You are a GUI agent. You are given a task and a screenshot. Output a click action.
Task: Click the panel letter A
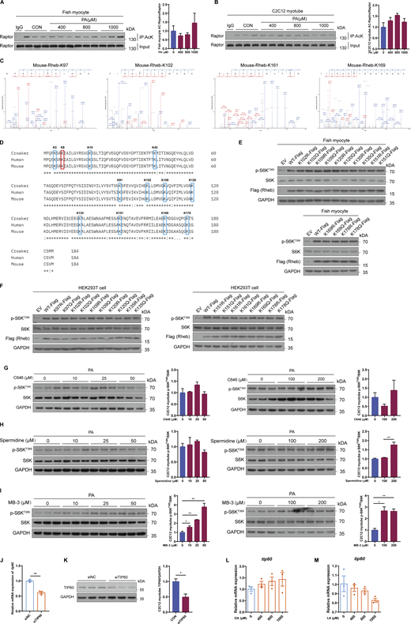[x=4, y=4]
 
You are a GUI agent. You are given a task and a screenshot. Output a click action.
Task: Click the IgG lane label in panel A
[x=30, y=24]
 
